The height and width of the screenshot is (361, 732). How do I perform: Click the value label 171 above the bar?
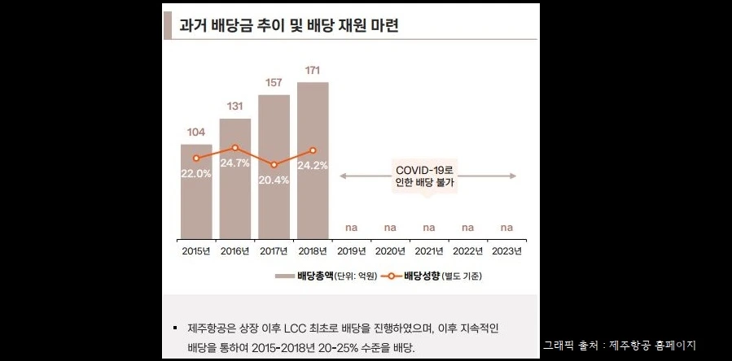click(x=313, y=70)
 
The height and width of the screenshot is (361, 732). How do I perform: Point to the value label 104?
click(x=196, y=132)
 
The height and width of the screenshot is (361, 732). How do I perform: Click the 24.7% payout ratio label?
click(x=235, y=163)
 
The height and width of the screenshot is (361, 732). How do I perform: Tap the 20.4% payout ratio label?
click(x=274, y=180)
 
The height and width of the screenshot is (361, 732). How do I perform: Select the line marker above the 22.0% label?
click(x=196, y=159)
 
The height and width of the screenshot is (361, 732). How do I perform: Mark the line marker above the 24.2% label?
click(x=313, y=150)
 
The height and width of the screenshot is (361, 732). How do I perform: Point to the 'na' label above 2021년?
click(x=429, y=227)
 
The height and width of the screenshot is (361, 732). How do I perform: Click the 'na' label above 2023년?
click(x=506, y=227)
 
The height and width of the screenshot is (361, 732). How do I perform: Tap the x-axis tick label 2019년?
click(x=352, y=250)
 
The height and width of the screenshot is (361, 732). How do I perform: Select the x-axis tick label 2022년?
click(x=467, y=250)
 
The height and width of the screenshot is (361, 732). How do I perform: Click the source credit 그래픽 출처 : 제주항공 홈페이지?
click(x=620, y=345)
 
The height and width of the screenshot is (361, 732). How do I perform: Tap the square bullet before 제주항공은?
click(x=174, y=328)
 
